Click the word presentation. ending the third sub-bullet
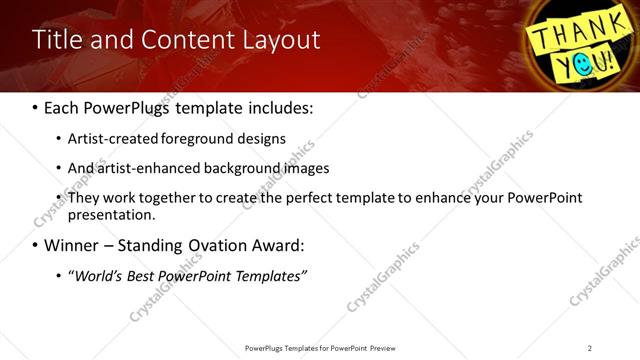[111, 215]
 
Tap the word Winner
[69, 245]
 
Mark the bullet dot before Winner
[35, 246]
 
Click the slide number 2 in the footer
[590, 348]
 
